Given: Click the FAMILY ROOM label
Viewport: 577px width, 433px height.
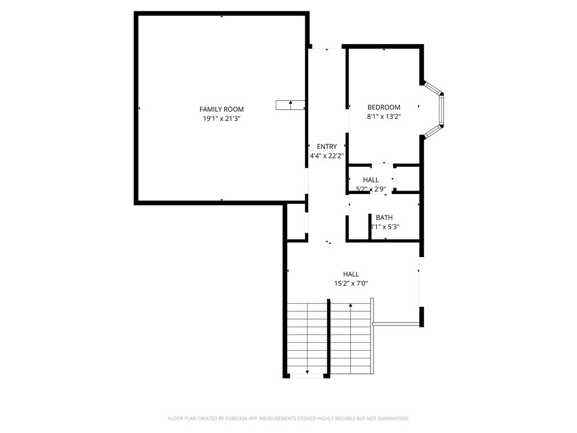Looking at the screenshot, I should pyautogui.click(x=221, y=109).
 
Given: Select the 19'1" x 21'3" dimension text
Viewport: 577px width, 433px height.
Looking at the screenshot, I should pyautogui.click(x=221, y=119).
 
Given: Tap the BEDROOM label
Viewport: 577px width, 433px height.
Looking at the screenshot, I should pyautogui.click(x=384, y=108).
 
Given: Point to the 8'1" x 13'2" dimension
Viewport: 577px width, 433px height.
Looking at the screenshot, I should pyautogui.click(x=384, y=117).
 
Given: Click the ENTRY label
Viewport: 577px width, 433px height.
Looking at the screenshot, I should pyautogui.click(x=327, y=147).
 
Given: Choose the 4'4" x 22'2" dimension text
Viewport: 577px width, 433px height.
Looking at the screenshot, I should pyautogui.click(x=327, y=156).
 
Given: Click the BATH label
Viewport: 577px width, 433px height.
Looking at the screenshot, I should pyautogui.click(x=384, y=218).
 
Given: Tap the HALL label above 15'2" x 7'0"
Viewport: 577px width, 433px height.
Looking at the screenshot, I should pyautogui.click(x=351, y=275).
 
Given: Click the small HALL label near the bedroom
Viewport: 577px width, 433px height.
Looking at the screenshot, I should pyautogui.click(x=371, y=180).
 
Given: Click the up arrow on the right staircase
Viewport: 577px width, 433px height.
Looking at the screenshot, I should pyautogui.click(x=350, y=306).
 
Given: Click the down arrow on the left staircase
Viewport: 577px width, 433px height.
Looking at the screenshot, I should pyautogui.click(x=307, y=372).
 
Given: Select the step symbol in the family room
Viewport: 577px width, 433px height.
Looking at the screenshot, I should pyautogui.click(x=290, y=104).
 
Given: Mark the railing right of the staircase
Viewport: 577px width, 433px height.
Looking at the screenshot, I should pyautogui.click(x=397, y=324).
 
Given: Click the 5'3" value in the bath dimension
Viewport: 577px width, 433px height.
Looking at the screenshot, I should pyautogui.click(x=392, y=227).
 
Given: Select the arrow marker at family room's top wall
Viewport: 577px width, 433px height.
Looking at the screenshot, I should pyautogui.click(x=221, y=16).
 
